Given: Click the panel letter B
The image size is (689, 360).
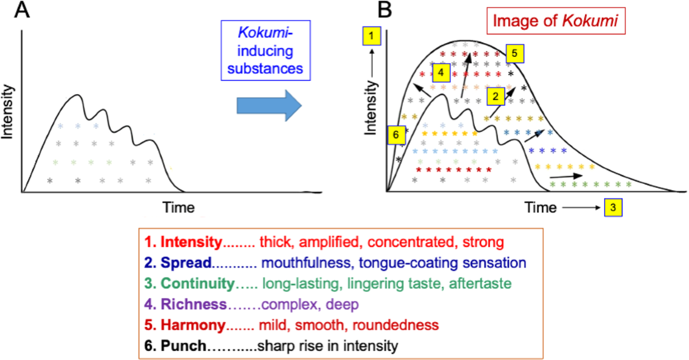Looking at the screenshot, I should [383, 10].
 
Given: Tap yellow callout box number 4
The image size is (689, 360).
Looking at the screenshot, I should [440, 73].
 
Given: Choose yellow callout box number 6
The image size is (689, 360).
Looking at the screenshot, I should [395, 133].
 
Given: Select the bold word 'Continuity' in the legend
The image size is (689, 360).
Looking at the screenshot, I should [199, 284].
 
